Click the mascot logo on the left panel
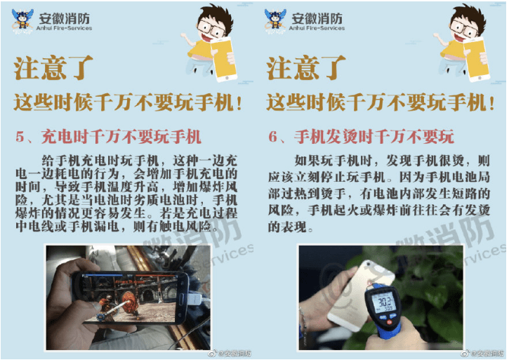click(x=22, y=21)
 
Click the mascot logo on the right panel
click(x=275, y=21)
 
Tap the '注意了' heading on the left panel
click(x=53, y=67)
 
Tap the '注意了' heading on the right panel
click(x=306, y=67)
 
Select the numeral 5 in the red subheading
click(x=20, y=137)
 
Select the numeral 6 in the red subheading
click(x=272, y=137)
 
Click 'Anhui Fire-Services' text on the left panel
click(x=64, y=28)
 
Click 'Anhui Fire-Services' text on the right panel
click(x=317, y=28)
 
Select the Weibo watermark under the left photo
click(x=230, y=353)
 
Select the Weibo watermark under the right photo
click(x=482, y=353)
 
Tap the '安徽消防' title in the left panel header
click(x=64, y=18)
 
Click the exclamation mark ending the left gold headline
click(x=239, y=103)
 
